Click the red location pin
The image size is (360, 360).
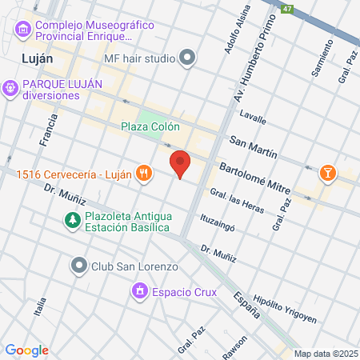181,164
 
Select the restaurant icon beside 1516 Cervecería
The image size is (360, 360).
143,173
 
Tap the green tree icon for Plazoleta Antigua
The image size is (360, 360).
72,219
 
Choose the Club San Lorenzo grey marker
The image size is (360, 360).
78,265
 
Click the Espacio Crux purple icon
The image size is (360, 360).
141,292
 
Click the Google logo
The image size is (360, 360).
27,350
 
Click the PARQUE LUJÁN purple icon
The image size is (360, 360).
10,86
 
